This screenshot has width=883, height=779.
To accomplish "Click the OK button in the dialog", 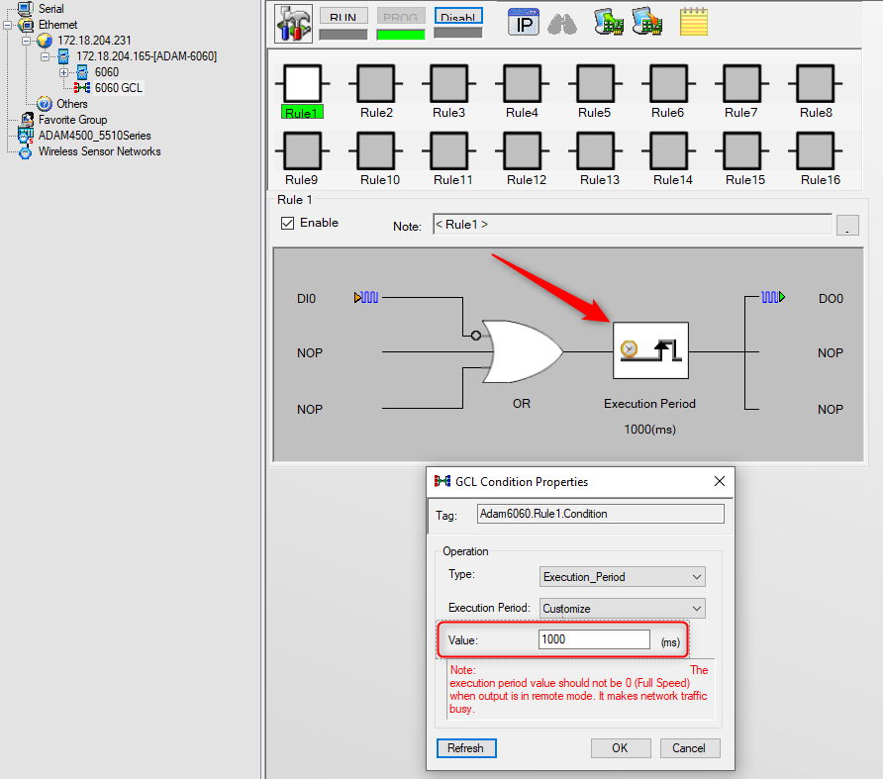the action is [x=621, y=748].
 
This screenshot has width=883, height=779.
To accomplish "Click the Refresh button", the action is [x=466, y=748].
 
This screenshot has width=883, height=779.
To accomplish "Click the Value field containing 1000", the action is [x=594, y=639].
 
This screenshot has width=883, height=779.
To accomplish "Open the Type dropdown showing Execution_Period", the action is [x=622, y=577].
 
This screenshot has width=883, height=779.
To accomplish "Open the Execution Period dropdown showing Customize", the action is [x=622, y=609].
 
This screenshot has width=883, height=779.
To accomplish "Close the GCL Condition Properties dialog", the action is [x=719, y=481].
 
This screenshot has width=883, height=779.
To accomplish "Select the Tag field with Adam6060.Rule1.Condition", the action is [x=600, y=514].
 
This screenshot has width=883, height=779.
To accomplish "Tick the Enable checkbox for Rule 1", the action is [x=287, y=223].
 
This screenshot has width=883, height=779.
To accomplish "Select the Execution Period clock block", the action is [x=650, y=350].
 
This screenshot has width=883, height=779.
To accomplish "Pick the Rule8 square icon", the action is [x=815, y=84].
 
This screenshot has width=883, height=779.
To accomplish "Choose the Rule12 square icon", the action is [x=522, y=151].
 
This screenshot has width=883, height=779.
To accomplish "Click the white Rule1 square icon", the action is [x=302, y=84].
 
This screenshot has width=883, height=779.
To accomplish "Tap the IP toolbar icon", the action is [x=523, y=23].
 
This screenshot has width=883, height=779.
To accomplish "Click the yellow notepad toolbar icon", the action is [x=693, y=22].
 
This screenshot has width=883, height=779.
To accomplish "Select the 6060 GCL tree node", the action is [x=118, y=88].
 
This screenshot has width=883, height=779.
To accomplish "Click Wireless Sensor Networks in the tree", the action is [x=99, y=151].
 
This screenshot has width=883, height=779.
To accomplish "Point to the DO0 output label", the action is [x=831, y=299].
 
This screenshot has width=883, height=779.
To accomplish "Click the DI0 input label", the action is [x=306, y=299].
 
